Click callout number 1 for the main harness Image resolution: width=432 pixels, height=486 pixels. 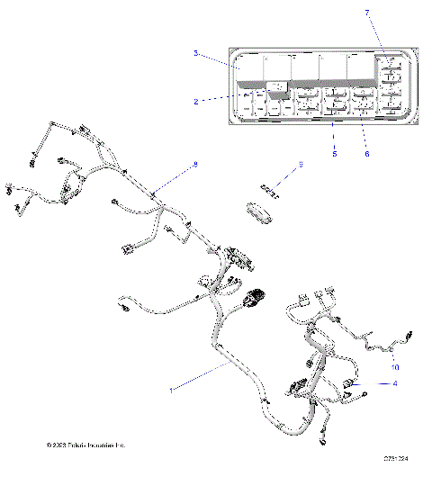click(x=172, y=391)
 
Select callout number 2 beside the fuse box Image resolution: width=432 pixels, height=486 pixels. click(x=196, y=102)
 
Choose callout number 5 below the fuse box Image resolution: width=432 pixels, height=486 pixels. click(x=334, y=155)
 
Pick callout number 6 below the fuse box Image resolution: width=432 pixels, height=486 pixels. click(x=365, y=155)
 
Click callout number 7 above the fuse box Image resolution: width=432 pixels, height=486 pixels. click(x=367, y=11)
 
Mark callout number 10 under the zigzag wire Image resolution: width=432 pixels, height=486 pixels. click(x=393, y=366)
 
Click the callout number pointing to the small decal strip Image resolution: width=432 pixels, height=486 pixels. click(x=301, y=165)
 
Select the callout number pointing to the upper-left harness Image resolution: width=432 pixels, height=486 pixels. click(x=193, y=165)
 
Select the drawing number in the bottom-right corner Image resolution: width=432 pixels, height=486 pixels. click(x=396, y=461)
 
